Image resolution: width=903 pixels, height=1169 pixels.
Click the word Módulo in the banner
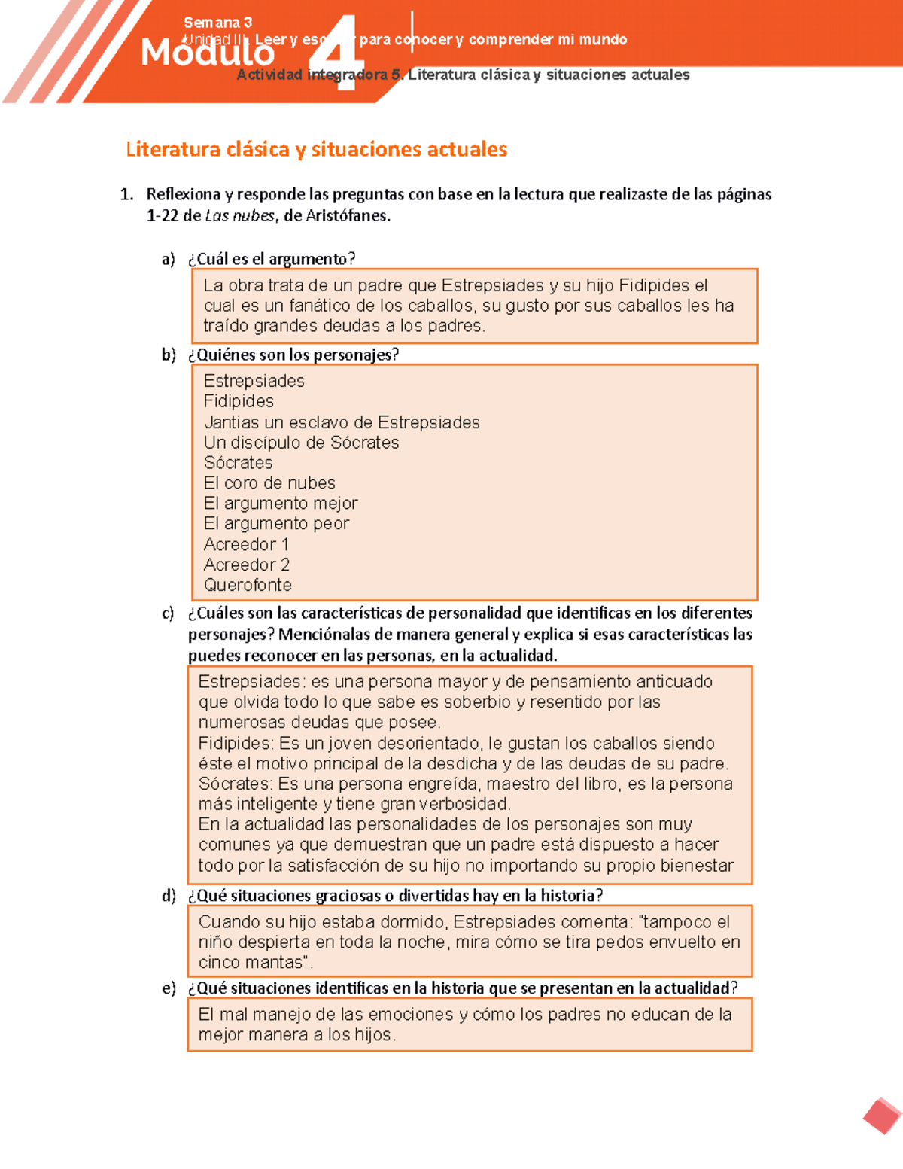[208, 53]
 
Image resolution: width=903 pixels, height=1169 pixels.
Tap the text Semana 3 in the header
[217, 23]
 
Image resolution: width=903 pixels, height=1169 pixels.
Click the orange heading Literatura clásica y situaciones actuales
[316, 149]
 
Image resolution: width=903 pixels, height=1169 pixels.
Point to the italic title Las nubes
[240, 216]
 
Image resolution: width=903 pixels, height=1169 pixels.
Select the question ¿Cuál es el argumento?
[271, 259]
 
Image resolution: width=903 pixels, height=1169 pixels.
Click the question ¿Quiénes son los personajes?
[293, 355]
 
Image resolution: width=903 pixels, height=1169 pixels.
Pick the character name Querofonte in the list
[248, 585]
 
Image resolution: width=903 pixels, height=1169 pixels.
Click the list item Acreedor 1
[246, 544]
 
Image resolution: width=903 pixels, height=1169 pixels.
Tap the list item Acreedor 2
[246, 565]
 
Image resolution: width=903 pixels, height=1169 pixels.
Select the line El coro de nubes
[269, 483]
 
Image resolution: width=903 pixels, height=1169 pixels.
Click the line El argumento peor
[276, 524]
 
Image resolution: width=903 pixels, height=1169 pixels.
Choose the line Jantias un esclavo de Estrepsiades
[342, 422]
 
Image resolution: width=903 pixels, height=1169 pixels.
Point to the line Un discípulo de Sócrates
[301, 443]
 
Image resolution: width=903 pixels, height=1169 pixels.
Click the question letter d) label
[169, 896]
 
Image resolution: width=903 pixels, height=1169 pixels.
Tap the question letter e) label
[169, 988]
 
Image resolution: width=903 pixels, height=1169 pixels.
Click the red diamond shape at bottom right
[882, 1116]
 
